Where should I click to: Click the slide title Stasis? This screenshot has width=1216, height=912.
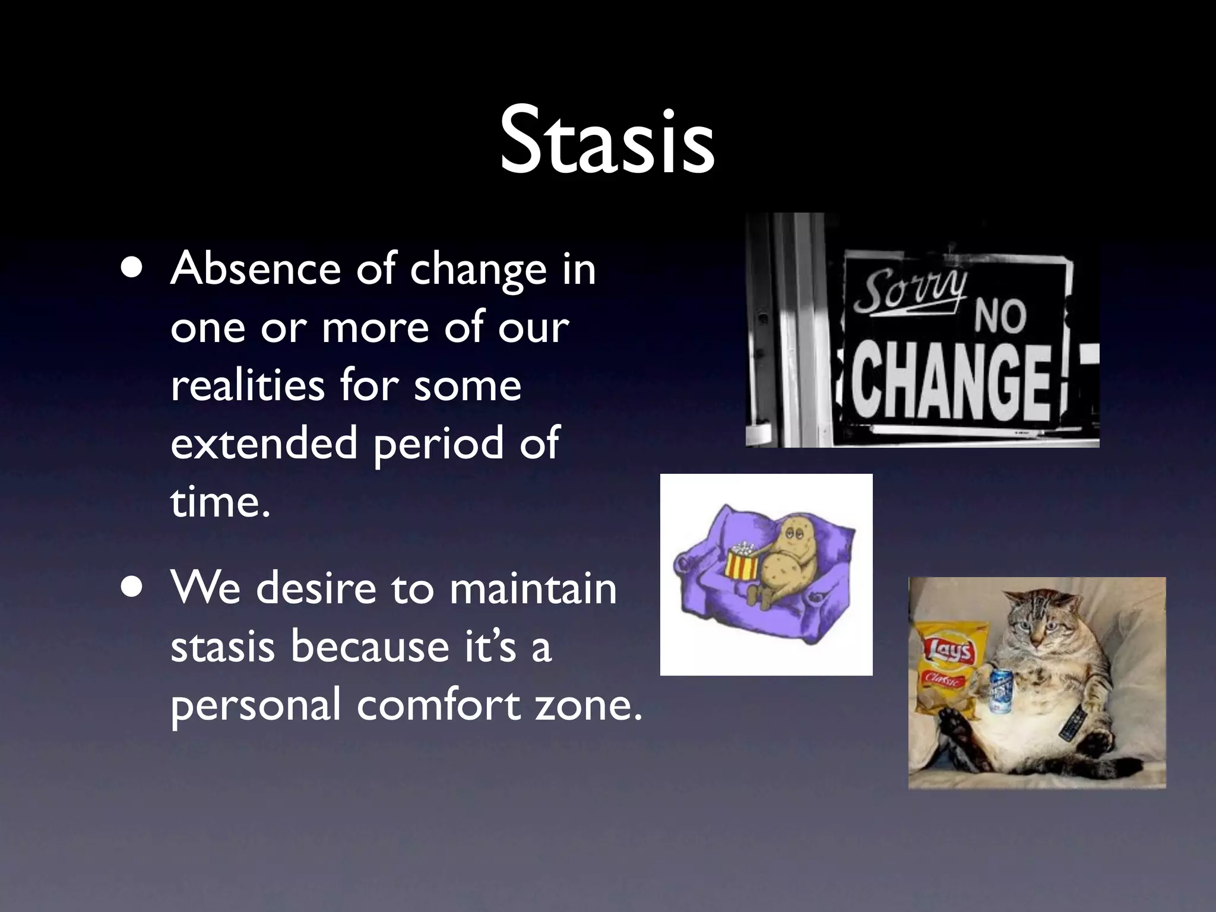[x=607, y=141]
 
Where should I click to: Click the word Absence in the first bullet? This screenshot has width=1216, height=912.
[x=255, y=269]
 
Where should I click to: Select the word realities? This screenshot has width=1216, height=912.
[x=248, y=385]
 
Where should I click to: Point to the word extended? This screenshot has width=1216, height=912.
[x=264, y=443]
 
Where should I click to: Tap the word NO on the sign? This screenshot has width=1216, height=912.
[x=1000, y=315]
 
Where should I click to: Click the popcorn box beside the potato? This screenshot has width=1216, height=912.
[x=742, y=561]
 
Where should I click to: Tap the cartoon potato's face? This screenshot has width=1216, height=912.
[x=790, y=535]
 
